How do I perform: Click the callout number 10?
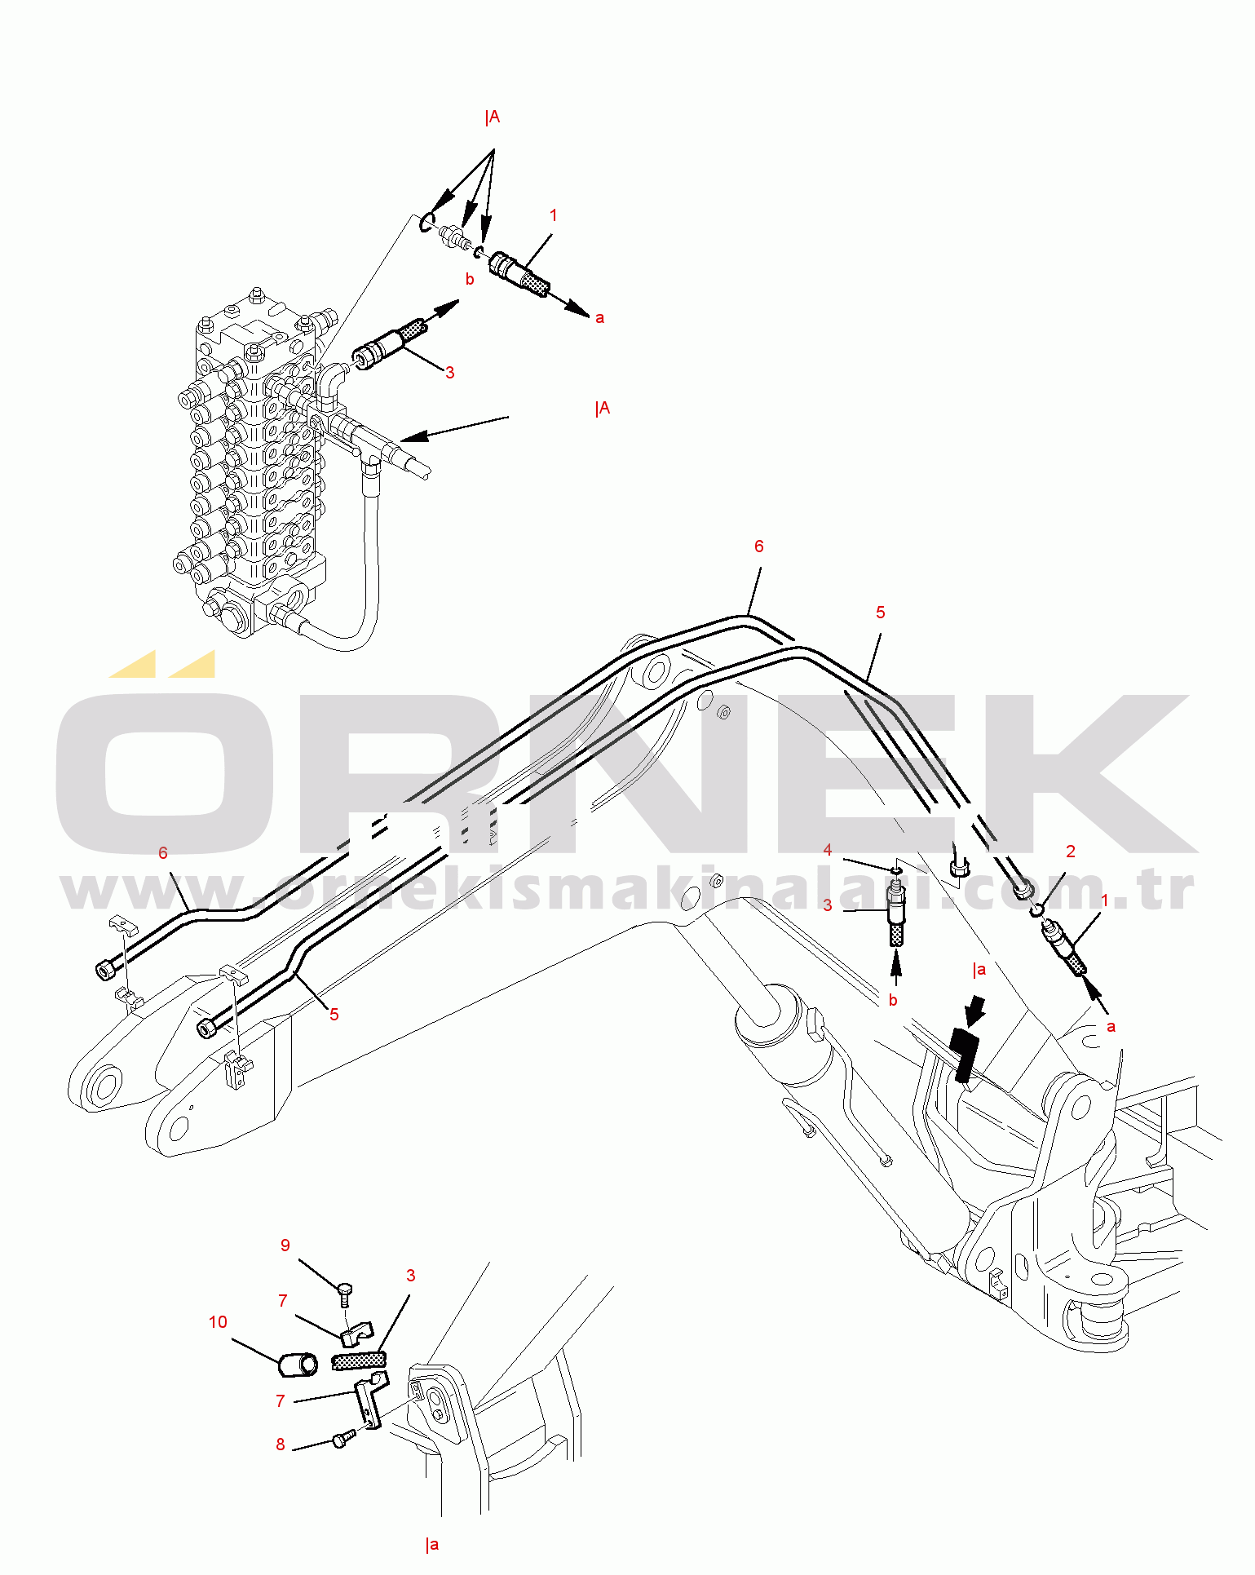coord(218,1322)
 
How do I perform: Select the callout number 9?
coord(285,1245)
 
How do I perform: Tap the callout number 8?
coord(281,1444)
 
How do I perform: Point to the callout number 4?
coord(828,850)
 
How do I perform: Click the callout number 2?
coord(1071,852)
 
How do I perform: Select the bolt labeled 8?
coord(342,1439)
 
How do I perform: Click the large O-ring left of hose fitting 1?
coord(426,222)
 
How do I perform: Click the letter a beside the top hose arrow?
coord(600,318)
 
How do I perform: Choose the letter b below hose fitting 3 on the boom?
coord(893,1001)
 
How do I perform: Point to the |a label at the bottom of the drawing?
coord(432,1544)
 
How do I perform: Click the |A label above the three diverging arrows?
coord(492,117)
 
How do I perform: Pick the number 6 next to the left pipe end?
coord(163,853)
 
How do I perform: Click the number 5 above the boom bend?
coord(881,613)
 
